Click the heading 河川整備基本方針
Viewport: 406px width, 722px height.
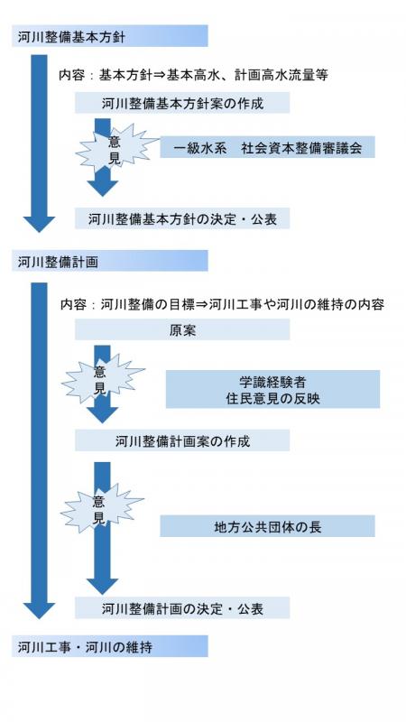pyautogui.click(x=109, y=36)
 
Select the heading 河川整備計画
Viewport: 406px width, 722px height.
pyautogui.click(x=109, y=261)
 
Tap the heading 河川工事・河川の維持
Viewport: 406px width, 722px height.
pyautogui.click(x=109, y=646)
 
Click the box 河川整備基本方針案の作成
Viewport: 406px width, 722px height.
pyautogui.click(x=182, y=103)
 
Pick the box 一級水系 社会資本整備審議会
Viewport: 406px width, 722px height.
pyautogui.click(x=267, y=147)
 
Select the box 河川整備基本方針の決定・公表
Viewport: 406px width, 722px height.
pyautogui.click(x=182, y=218)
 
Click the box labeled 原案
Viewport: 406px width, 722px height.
pyautogui.click(x=182, y=329)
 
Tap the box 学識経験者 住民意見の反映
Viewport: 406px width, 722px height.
pyautogui.click(x=273, y=389)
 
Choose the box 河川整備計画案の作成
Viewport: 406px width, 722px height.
pyautogui.click(x=182, y=440)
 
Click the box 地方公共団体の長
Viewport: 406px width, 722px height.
pyautogui.click(x=267, y=526)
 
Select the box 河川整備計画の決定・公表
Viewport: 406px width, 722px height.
pyautogui.click(x=182, y=607)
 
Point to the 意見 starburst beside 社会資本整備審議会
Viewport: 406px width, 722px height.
pyautogui.click(x=116, y=148)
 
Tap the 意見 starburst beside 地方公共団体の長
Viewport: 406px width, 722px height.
pyautogui.click(x=101, y=508)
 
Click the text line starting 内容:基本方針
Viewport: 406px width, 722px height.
pyautogui.click(x=193, y=75)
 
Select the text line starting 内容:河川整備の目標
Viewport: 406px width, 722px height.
pyautogui.click(x=222, y=304)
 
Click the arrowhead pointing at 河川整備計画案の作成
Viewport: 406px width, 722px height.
pyautogui.click(x=103, y=415)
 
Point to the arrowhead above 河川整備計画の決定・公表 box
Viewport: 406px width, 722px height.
pyautogui.click(x=103, y=586)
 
